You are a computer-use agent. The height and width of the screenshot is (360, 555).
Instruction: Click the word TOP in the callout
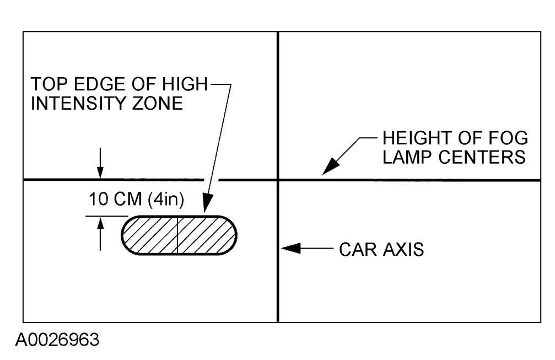[x=46, y=85]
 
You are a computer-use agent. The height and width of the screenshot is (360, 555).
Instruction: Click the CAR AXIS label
[x=381, y=249]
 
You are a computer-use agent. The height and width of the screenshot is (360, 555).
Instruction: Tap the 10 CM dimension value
[x=115, y=200]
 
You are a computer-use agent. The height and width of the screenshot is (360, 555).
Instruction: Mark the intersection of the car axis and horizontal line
[x=277, y=180]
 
